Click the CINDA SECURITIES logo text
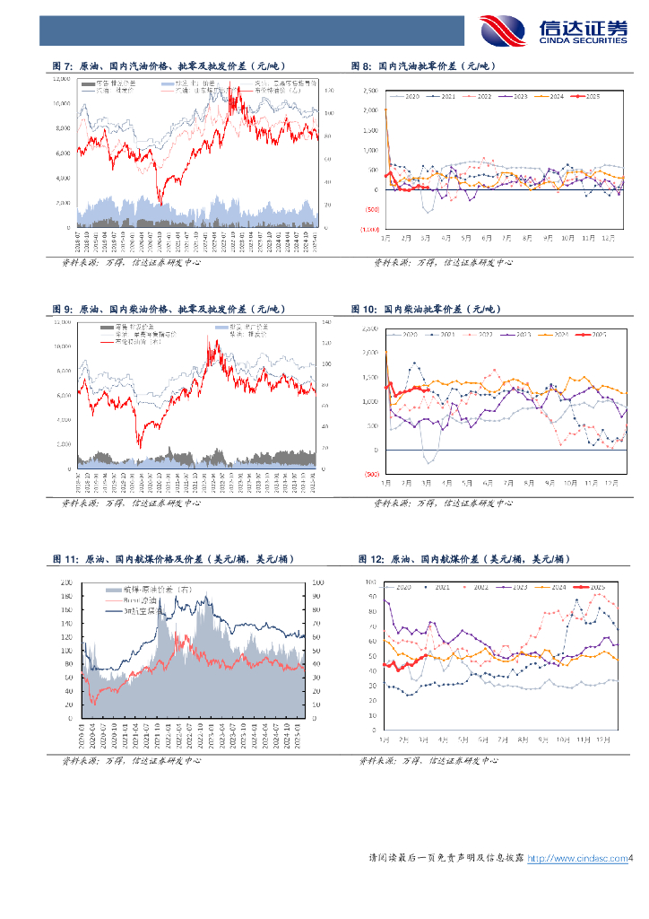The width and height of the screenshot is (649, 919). (583, 40)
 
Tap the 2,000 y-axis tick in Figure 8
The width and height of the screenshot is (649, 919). (370, 110)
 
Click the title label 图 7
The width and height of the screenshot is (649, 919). (64, 66)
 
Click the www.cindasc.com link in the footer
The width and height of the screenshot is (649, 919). (576, 859)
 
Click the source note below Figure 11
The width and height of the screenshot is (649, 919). (131, 761)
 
